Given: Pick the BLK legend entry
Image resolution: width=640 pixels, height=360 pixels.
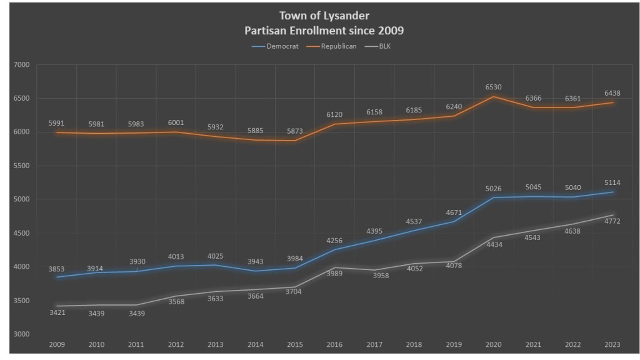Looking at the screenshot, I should [x=384, y=46].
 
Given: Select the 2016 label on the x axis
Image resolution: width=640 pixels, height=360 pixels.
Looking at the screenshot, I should [x=335, y=344].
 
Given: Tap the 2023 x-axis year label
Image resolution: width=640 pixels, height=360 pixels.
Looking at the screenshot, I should [x=612, y=344].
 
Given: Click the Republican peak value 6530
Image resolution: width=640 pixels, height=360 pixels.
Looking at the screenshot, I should [x=494, y=87].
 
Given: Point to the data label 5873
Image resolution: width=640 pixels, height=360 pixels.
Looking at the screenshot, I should [x=295, y=132].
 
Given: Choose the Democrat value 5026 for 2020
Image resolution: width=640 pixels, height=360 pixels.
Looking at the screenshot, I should [x=494, y=189].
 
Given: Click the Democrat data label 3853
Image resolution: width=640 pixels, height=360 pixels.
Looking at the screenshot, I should [x=56, y=269].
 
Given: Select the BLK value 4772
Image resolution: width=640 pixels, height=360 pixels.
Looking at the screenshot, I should [x=612, y=221].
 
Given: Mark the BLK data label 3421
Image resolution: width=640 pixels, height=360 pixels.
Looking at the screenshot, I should [x=56, y=312].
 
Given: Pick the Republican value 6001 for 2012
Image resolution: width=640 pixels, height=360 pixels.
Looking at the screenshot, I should [x=176, y=123].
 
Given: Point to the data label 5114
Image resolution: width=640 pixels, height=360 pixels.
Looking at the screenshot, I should [x=612, y=183].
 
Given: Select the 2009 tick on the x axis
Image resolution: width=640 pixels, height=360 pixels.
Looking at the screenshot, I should [x=57, y=344].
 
